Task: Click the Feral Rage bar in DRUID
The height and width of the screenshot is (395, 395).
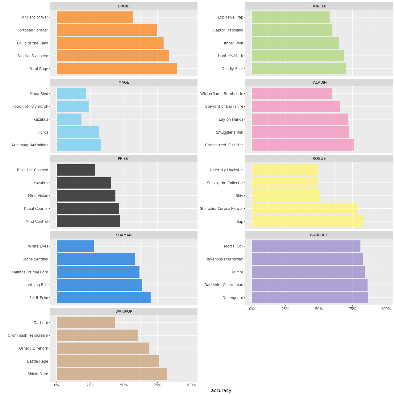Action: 117,69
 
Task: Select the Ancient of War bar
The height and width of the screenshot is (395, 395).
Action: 95,17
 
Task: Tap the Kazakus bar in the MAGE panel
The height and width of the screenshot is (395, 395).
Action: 69,119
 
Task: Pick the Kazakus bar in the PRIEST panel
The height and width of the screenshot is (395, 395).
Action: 84,183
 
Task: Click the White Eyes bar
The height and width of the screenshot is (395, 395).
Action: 75,246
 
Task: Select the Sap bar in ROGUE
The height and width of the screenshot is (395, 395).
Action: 307,221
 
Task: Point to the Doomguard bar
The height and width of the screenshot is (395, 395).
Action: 310,298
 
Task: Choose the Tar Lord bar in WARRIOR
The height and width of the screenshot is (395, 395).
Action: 86,323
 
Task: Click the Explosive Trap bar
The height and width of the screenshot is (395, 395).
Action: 291,17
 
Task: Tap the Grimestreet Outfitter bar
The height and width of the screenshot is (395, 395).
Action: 303,145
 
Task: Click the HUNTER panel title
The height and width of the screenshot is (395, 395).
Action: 319,6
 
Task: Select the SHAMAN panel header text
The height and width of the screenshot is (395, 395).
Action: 124,235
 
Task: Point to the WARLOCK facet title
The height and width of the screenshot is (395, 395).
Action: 319,235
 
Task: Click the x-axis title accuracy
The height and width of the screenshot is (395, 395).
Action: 221,390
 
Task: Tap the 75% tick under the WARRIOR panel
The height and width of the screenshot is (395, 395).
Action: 157,385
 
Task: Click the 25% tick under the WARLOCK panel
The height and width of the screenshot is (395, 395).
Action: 285,309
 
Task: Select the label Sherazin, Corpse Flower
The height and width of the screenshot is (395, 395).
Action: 221,209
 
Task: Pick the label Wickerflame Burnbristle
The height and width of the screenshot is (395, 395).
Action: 222,94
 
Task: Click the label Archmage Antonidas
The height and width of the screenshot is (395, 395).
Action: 30,145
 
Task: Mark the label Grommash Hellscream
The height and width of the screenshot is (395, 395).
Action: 28,335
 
